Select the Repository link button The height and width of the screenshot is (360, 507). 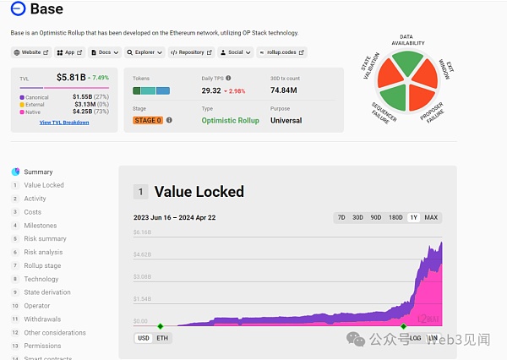(x=191, y=52)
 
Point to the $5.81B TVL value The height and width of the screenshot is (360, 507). (x=71, y=78)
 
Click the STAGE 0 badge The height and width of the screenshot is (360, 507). (x=148, y=120)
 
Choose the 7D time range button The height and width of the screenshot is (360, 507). (x=341, y=217)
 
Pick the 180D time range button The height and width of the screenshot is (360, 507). (x=395, y=217)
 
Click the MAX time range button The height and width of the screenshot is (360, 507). (x=431, y=217)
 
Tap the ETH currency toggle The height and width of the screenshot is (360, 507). (x=162, y=338)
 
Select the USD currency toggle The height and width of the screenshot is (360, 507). (x=144, y=338)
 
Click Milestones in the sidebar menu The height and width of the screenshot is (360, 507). (x=41, y=226)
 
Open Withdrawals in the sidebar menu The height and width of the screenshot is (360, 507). (x=42, y=319)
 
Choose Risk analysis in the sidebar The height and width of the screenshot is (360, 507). (x=43, y=252)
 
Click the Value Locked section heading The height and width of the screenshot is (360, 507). (x=199, y=192)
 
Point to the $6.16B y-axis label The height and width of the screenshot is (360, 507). (x=142, y=232)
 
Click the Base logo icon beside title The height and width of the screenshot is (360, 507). (x=17, y=9)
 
